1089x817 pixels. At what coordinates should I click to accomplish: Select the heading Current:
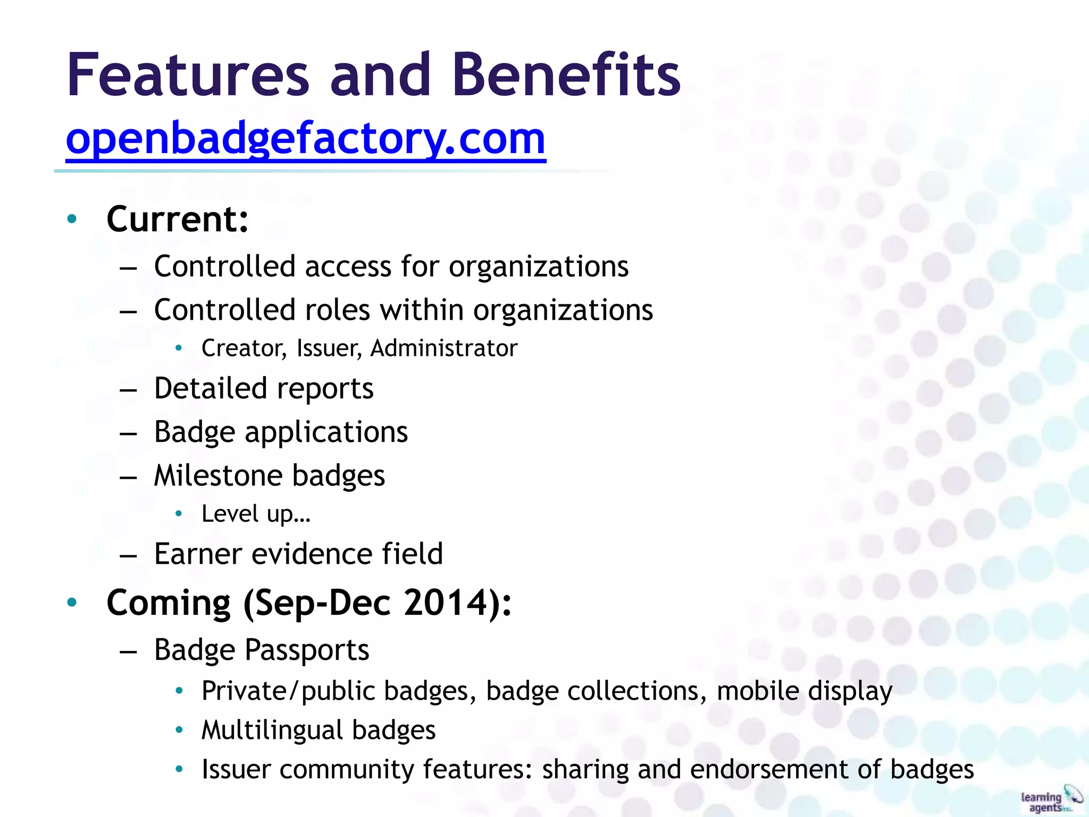177,219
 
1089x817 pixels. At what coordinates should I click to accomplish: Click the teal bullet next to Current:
72,219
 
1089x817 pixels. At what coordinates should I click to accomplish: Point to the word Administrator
443,348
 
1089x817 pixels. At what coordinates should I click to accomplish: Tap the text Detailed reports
264,388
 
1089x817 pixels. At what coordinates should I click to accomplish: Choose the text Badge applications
281,432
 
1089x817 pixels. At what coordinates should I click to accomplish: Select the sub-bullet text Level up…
256,514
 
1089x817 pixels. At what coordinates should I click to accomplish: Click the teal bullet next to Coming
72,602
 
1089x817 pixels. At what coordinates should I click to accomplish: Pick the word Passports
307,650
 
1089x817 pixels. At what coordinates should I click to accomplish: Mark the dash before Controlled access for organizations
129,268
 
